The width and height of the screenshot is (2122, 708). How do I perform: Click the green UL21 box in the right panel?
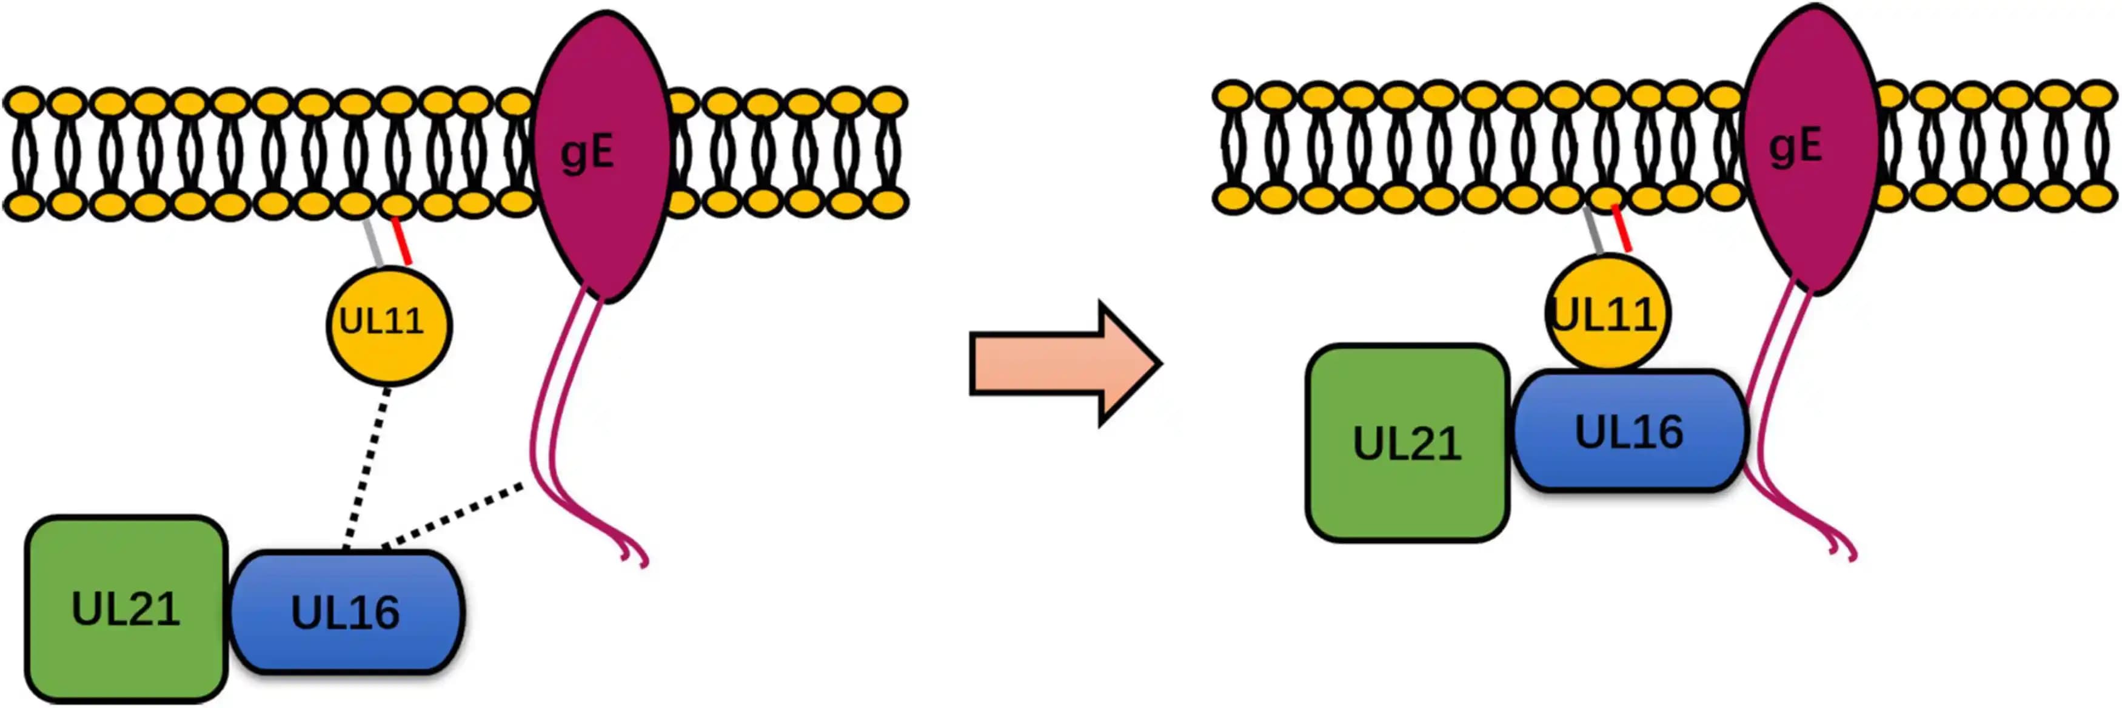(1407, 443)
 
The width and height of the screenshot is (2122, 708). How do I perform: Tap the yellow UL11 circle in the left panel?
(389, 324)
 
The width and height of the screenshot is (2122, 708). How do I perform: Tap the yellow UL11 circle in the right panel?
(1606, 312)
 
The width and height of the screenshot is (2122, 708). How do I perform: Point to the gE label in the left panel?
(587, 153)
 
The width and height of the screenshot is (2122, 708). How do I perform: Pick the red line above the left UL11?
(402, 241)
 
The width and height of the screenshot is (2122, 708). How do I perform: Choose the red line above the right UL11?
(1621, 228)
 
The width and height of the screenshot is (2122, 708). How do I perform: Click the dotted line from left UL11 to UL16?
(366, 470)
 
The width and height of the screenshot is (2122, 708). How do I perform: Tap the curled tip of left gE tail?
(638, 556)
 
